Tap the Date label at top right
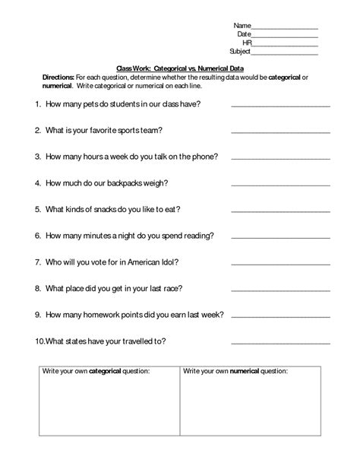[x=244, y=34]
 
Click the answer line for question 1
[x=280, y=106]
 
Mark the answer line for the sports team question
[x=280, y=132]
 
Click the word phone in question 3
[x=206, y=156]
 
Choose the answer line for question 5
[x=280, y=211]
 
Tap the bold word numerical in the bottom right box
[x=243, y=371]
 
